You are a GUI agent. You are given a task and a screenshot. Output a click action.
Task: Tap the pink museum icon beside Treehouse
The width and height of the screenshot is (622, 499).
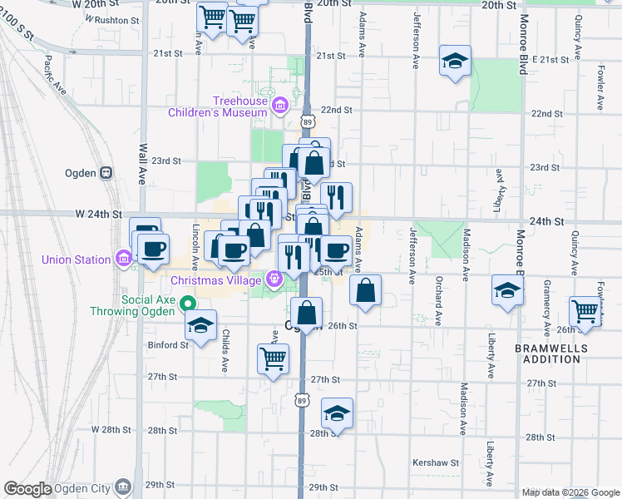click(x=281, y=106)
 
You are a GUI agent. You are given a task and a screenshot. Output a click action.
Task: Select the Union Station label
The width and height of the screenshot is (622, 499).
click(x=77, y=259)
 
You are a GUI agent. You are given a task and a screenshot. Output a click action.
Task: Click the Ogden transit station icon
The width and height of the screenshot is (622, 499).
click(x=106, y=173)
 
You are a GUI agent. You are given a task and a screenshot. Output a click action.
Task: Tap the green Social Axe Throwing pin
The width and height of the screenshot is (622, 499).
click(x=188, y=304)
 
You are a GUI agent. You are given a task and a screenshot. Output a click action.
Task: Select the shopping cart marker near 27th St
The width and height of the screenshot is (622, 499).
click(x=273, y=359)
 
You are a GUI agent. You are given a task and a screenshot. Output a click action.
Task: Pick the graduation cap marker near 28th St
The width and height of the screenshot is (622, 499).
click(x=337, y=413)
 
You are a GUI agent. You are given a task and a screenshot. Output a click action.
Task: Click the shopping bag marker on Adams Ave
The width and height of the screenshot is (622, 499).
click(x=365, y=290)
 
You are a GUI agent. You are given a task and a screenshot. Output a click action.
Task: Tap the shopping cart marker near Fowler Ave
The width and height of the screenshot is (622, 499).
click(x=585, y=312)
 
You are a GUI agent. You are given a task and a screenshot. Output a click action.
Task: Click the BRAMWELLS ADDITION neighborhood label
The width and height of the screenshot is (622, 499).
click(x=546, y=353)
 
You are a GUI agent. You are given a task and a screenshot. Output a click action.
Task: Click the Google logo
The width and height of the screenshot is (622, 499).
click(x=28, y=489)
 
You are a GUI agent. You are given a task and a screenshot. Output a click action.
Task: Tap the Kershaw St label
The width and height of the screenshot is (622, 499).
click(x=436, y=462)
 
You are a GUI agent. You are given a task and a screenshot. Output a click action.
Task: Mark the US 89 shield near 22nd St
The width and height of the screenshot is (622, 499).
click(x=308, y=121)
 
